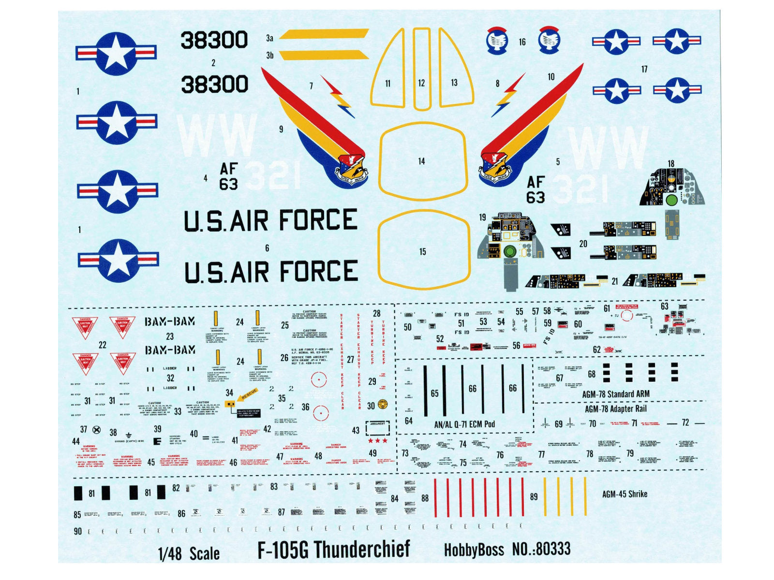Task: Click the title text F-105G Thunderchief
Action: [x=333, y=550]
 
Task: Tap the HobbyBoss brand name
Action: [x=474, y=550]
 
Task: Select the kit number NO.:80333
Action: [x=541, y=549]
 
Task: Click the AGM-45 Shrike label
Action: [x=625, y=494]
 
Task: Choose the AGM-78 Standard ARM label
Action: [x=615, y=394]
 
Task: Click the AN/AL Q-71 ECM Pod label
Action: [x=464, y=424]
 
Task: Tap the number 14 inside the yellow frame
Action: [x=421, y=161]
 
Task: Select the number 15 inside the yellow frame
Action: [x=423, y=252]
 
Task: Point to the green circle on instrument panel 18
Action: [x=671, y=200]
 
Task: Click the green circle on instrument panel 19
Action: [x=509, y=251]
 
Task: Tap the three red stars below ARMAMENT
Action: [x=378, y=441]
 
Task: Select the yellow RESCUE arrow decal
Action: [x=249, y=393]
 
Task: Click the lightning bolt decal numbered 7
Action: [x=339, y=97]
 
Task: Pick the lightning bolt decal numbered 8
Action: [x=507, y=95]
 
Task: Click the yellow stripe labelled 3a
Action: [x=324, y=34]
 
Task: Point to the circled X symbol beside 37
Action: [x=97, y=430]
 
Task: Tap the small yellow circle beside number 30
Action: [x=383, y=404]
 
